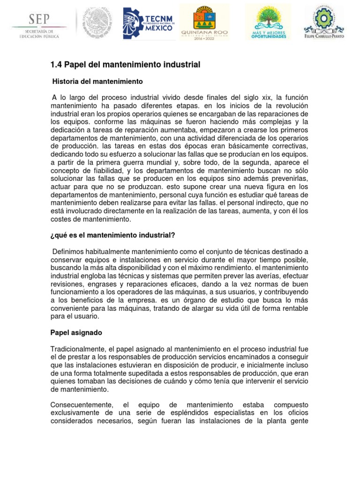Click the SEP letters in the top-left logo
[40, 19]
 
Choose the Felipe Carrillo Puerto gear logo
[324, 20]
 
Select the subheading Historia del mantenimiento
[97, 82]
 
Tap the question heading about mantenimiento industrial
[112, 235]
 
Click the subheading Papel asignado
[76, 332]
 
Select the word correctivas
[289, 146]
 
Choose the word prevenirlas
[289, 178]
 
